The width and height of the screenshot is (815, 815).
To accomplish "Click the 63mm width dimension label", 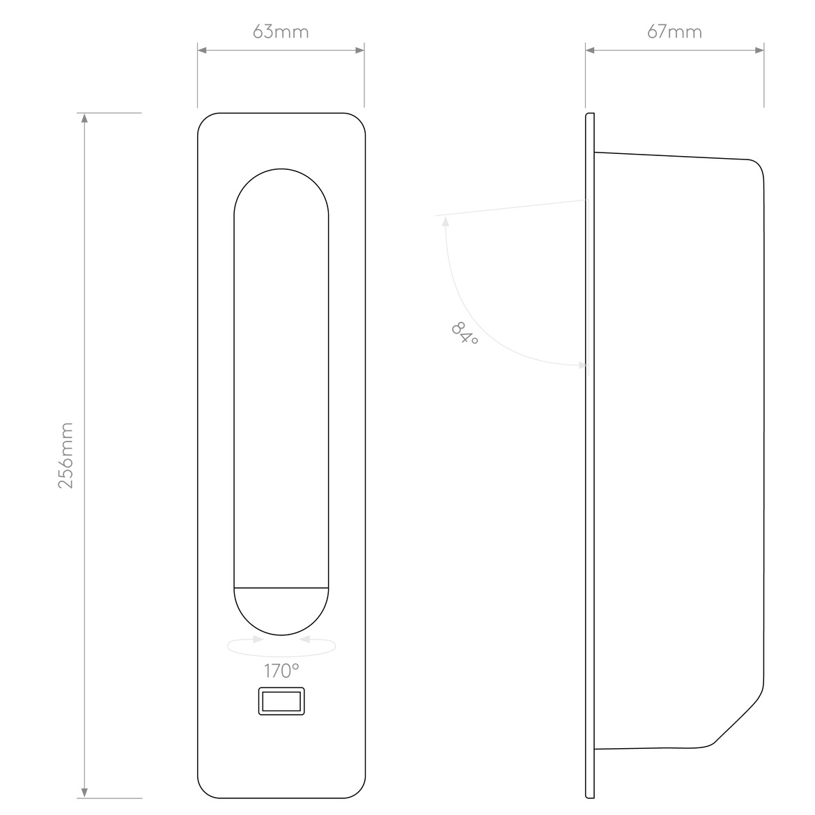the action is click(281, 32).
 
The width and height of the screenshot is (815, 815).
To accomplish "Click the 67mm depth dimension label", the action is click(675, 32).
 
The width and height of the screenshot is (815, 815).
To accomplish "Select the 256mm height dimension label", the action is click(65, 456).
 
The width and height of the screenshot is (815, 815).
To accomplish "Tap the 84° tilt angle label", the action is click(464, 333).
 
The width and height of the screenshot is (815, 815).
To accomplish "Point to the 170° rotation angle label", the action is click(281, 671).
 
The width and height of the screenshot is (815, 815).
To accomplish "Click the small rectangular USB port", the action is click(281, 701).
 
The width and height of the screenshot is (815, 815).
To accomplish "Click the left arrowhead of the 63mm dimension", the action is click(202, 50).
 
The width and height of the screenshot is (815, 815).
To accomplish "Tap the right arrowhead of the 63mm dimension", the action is click(359, 50).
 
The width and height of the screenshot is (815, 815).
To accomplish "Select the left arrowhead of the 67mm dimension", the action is click(590, 50).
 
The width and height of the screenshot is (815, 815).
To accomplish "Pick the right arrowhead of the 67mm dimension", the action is click(759, 50).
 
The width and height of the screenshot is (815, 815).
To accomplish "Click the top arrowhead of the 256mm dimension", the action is click(85, 118).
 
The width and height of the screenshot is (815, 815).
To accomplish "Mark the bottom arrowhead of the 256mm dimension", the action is click(85, 793).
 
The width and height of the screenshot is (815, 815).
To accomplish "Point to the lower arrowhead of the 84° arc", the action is click(582, 366).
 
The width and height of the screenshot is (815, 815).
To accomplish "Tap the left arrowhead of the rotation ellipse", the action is click(258, 639).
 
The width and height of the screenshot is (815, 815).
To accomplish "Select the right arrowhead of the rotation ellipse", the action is click(305, 639).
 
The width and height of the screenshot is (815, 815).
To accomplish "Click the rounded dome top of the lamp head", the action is click(281, 169).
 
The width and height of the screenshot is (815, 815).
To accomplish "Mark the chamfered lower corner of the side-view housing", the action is click(738, 718).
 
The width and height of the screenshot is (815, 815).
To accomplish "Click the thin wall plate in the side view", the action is click(590, 456).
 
